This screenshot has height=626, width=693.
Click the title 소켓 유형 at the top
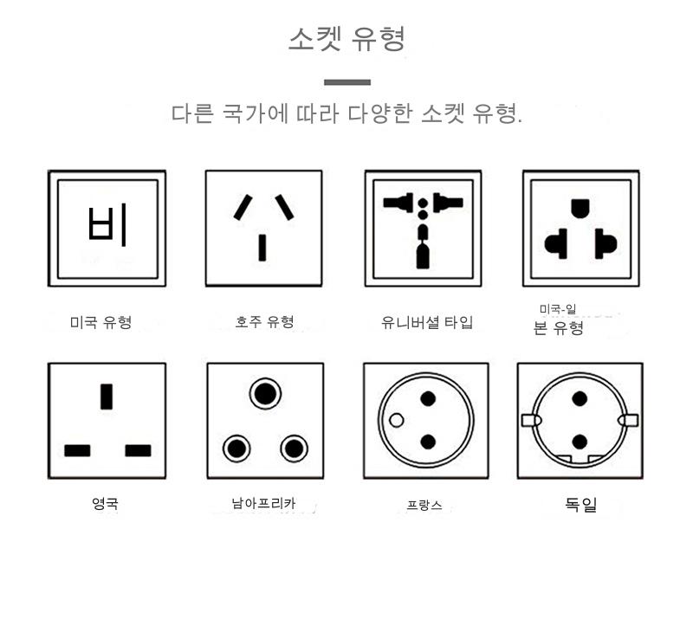coord(346,39)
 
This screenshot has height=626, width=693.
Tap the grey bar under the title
coord(347,82)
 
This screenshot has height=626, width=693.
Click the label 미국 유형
coord(100,322)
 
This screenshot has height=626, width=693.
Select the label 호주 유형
coord(264,321)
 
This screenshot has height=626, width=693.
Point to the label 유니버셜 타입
coord(427,322)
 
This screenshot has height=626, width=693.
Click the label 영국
coord(105,503)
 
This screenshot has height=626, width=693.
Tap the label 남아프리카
coord(263,503)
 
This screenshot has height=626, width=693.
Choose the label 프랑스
coord(424,505)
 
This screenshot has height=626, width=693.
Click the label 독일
coord(580,504)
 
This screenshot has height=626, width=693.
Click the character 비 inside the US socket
coord(107,225)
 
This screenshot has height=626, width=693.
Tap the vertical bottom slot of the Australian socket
coord(262,248)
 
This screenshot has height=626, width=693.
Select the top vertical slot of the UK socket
coord(107,397)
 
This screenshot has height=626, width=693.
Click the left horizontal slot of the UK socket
coord(77,450)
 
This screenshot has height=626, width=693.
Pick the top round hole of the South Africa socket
coord(265,394)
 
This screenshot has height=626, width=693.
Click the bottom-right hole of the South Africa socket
coord(294,449)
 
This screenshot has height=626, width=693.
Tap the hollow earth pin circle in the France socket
coord(397,420)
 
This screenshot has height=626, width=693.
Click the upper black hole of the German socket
coord(580,399)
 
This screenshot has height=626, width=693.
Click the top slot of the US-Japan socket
coord(580,209)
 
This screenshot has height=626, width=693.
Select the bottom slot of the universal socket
coord(423,257)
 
